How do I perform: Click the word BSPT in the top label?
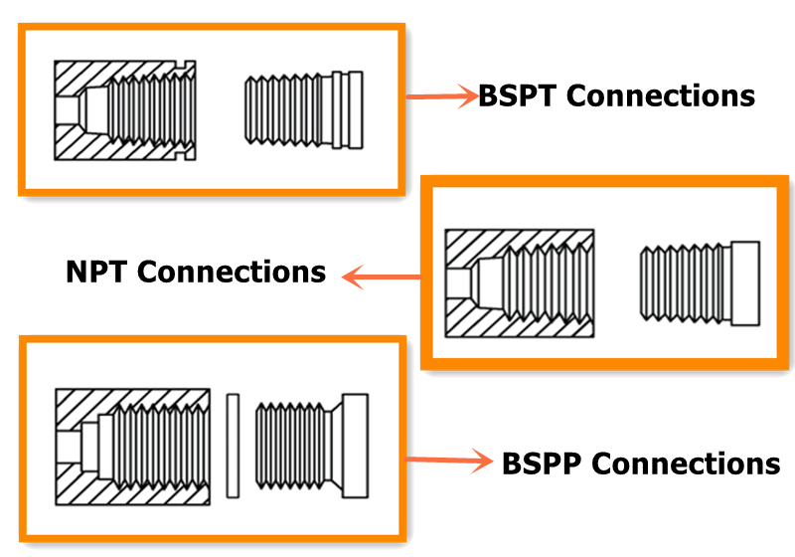point(519,96)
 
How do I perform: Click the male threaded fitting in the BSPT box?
point(303,109)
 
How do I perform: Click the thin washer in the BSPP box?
point(233,445)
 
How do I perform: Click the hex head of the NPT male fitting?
point(745,283)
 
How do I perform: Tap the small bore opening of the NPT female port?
point(456,283)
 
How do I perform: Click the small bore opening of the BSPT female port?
point(66,109)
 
